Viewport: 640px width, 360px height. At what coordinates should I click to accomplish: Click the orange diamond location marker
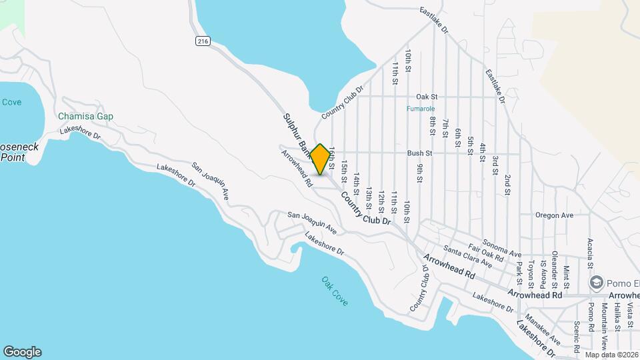pos(321,159)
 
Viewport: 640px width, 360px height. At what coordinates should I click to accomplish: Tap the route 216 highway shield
pos(203,41)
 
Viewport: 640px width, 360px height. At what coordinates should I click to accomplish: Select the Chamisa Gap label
pos(85,116)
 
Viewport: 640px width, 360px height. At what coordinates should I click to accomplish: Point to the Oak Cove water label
pos(335,291)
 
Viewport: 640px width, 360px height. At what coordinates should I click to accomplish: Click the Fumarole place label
pos(420,109)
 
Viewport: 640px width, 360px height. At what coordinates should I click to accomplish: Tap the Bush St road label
pos(420,153)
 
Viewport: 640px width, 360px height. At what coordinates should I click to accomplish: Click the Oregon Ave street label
pos(554,215)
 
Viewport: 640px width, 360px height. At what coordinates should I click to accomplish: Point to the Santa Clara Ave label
pos(467,257)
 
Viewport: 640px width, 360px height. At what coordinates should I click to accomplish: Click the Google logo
pos(22,352)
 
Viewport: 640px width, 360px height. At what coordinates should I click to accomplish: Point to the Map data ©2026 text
pos(611,355)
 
